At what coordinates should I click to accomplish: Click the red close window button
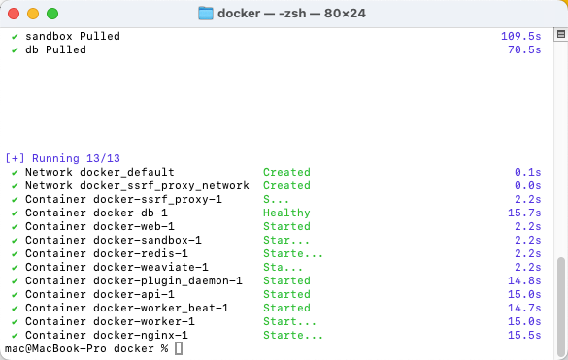pos(14,14)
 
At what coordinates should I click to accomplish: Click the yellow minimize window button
pos(33,14)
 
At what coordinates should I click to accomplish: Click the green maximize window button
pos(52,14)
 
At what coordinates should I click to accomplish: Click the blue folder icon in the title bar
pos(206,14)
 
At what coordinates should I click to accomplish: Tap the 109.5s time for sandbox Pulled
pos(520,36)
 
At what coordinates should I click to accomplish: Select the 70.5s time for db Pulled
pos(524,49)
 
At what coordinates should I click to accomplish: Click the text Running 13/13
pos(76,158)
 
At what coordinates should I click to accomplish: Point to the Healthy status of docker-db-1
pos(286,213)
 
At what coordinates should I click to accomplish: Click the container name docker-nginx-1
pos(141,335)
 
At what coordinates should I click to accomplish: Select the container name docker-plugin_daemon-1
pos(168,280)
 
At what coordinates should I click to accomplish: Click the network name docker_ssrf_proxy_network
pos(164,185)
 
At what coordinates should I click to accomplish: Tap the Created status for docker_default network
pos(286,172)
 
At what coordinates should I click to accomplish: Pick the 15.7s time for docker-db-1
pos(524,213)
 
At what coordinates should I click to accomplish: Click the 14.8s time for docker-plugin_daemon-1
pos(524,280)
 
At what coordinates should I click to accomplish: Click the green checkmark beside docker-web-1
pos(15,227)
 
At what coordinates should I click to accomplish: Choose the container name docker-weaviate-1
pos(150,267)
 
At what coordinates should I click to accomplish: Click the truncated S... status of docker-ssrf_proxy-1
pos(276,199)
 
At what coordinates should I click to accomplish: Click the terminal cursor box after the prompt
pos(179,348)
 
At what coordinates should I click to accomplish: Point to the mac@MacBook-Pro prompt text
pos(55,348)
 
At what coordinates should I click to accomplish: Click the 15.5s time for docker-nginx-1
pos(524,335)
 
